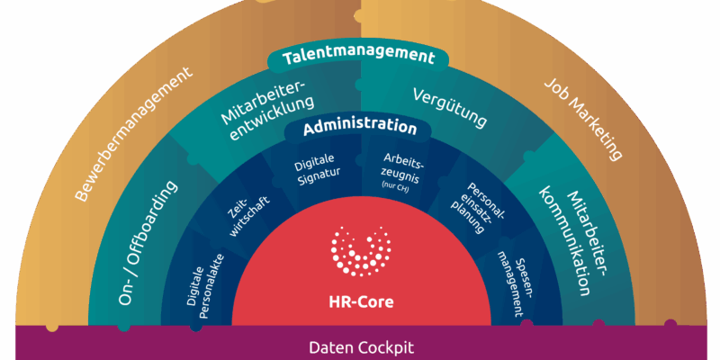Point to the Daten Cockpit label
coord(359,346)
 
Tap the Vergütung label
coord(450,104)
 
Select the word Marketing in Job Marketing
coord(594,129)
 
